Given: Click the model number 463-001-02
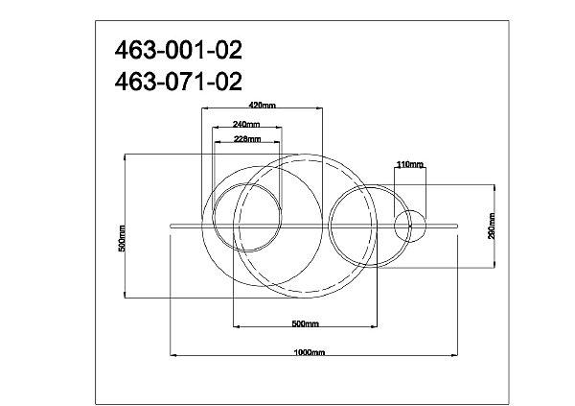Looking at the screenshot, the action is tap(178, 50).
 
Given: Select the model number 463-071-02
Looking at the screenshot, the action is tap(178, 82).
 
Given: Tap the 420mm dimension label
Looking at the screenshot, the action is tap(262, 105).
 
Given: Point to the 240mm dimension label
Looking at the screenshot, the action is tap(246, 124).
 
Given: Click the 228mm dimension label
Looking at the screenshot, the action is tap(247, 139).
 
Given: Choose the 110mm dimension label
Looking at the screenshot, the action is tap(410, 164).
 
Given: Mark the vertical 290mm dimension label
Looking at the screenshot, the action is tap(492, 226).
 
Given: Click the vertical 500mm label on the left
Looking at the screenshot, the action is tap(122, 238).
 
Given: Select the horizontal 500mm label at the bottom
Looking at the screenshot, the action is tap(305, 323).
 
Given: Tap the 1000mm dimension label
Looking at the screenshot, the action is tap(310, 352).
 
